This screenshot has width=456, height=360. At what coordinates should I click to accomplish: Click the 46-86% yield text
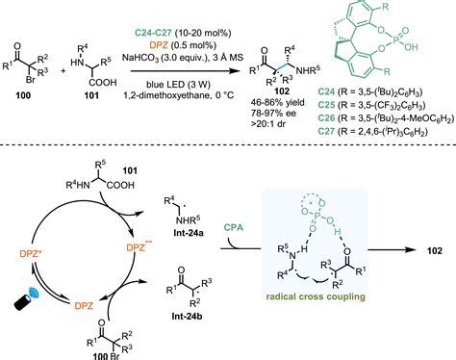(268, 100)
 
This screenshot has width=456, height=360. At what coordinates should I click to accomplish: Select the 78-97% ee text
(268, 113)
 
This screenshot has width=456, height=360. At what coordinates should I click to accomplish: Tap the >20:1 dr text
(268, 125)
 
